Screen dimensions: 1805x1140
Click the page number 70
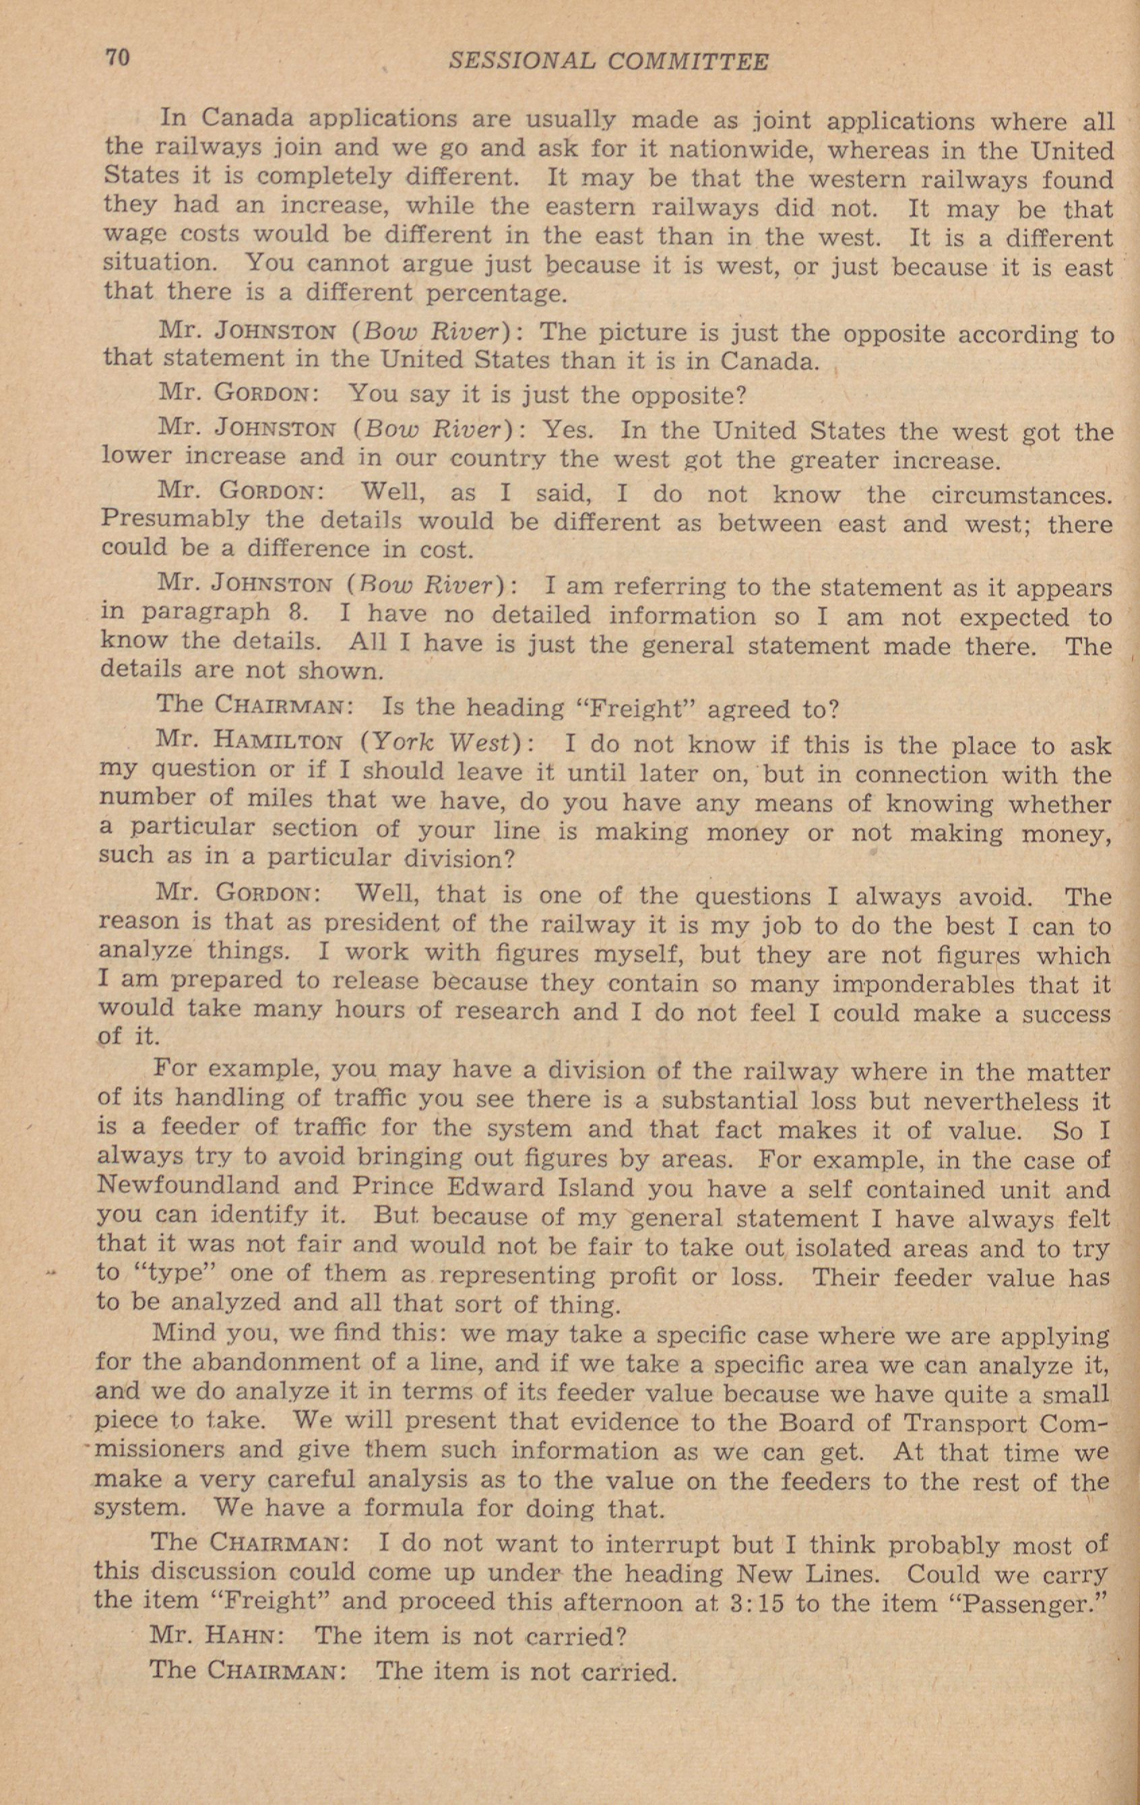pos(118,58)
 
